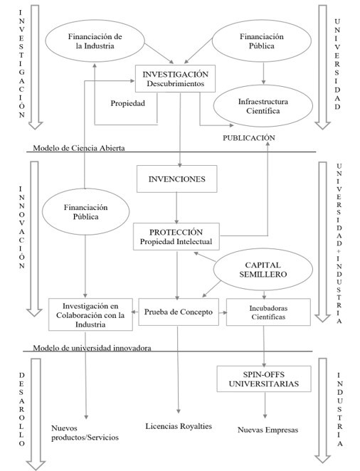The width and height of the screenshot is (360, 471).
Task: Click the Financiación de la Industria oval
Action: pos(95,41)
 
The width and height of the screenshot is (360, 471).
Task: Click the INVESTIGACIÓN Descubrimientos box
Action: pos(175,79)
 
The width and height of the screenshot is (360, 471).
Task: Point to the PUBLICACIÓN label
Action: pos(248,137)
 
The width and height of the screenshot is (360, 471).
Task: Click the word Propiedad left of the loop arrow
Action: pos(128,102)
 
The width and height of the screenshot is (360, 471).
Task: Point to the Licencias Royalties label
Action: pos(179,425)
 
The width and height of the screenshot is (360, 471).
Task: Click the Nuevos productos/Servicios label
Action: pos(85,433)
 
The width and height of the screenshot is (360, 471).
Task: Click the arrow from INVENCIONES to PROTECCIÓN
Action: pos(176,207)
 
